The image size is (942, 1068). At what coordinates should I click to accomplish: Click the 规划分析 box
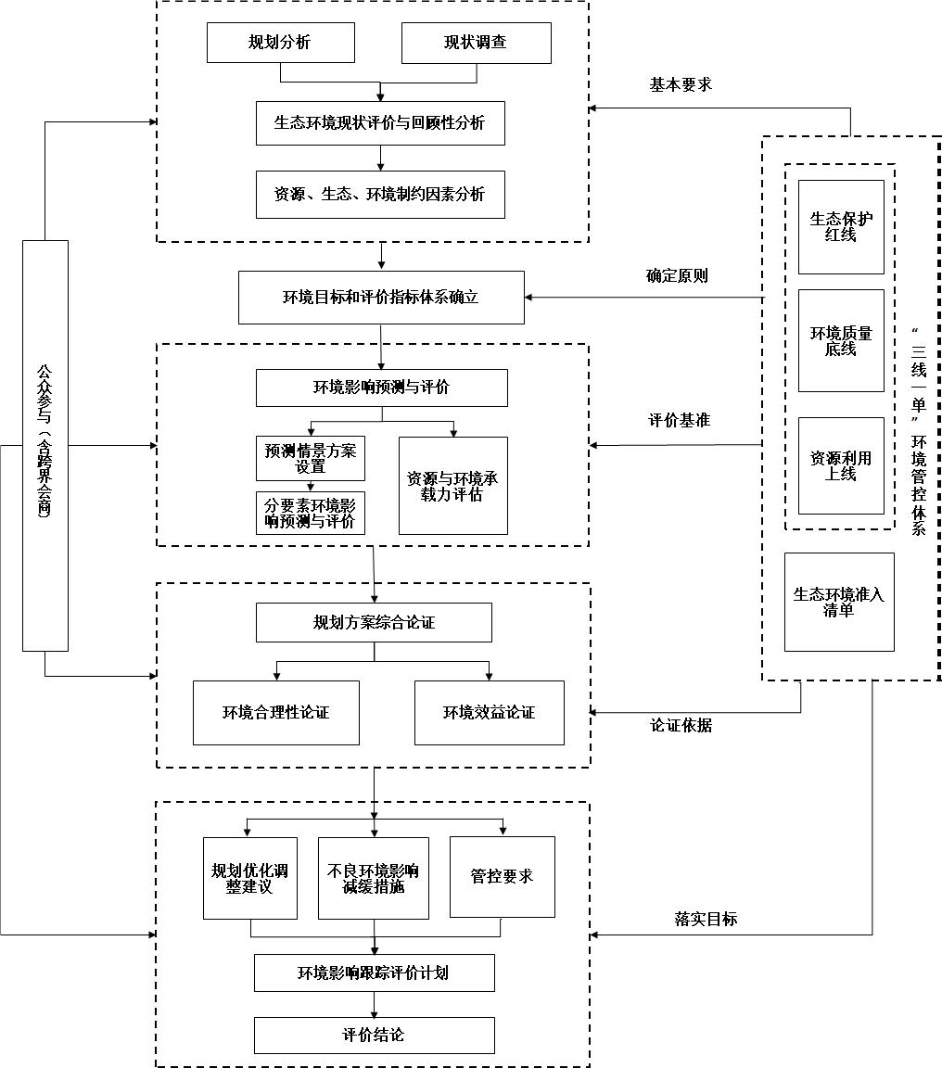[x=281, y=43]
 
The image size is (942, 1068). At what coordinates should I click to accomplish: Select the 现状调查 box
[x=477, y=43]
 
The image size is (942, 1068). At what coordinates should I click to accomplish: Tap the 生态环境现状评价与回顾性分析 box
[x=380, y=123]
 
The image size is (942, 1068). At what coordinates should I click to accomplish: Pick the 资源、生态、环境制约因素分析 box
[x=380, y=195]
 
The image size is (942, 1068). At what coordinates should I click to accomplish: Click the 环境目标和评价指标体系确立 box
[x=381, y=298]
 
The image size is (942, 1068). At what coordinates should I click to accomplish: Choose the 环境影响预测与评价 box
[x=381, y=388]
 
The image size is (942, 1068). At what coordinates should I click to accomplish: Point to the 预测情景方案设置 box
[x=311, y=458]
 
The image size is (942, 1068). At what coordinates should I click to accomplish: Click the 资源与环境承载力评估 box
[x=453, y=486]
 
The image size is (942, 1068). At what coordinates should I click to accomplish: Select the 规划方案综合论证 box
[x=374, y=623]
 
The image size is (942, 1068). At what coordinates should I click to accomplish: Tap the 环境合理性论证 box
[x=276, y=713]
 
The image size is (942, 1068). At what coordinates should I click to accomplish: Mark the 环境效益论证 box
[x=489, y=713]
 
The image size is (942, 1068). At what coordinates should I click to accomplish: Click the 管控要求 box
[x=502, y=877]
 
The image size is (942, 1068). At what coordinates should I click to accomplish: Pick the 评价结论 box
[x=374, y=1036]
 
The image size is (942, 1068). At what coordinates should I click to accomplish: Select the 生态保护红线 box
[x=841, y=227]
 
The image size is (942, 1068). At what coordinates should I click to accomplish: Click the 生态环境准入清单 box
[x=839, y=602]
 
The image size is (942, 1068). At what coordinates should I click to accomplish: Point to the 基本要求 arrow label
[x=681, y=84]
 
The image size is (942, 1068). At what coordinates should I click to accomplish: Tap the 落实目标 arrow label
[x=706, y=919]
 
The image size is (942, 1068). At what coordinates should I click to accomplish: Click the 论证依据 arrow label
[x=681, y=725]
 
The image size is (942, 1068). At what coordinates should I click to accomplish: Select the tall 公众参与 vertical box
[x=45, y=446]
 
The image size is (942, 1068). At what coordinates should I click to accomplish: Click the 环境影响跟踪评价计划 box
[x=374, y=973]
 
